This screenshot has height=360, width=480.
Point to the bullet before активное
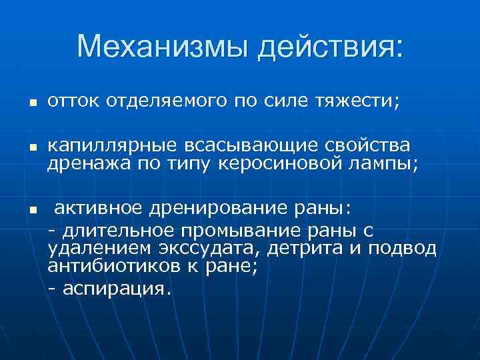tap(31, 210)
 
